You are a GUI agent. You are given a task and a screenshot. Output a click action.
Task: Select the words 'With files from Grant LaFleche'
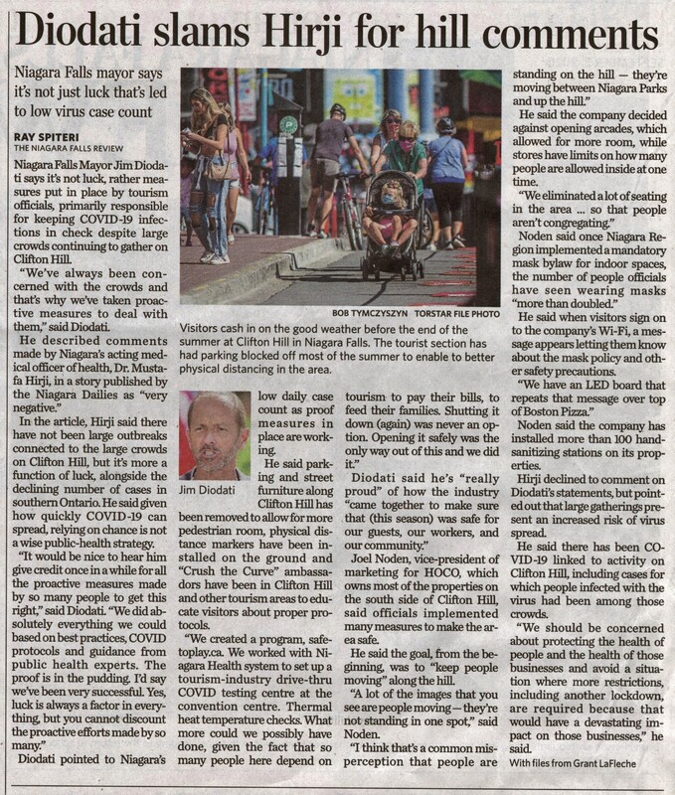(586, 761)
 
